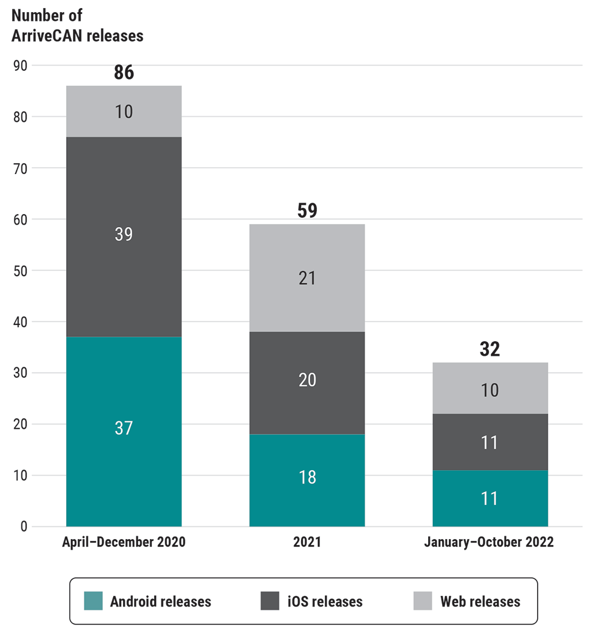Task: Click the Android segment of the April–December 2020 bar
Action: point(124,431)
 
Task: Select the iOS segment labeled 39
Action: point(124,237)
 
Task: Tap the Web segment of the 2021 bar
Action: point(307,277)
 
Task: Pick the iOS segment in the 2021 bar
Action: point(307,382)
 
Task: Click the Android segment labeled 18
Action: point(307,480)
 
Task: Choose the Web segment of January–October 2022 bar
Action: point(490,387)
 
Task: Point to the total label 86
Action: point(124,73)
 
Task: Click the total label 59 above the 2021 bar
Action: point(307,211)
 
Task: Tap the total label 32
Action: point(490,349)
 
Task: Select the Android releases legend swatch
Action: point(93,601)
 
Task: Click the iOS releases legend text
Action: point(325,601)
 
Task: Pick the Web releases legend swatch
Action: point(423,601)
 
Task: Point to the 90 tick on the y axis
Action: point(20,66)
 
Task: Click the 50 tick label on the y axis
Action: point(20,270)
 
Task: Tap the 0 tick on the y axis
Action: point(24,526)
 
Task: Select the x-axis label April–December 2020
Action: point(124,543)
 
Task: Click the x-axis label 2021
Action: point(307,543)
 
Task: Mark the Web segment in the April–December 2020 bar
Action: point(124,111)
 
